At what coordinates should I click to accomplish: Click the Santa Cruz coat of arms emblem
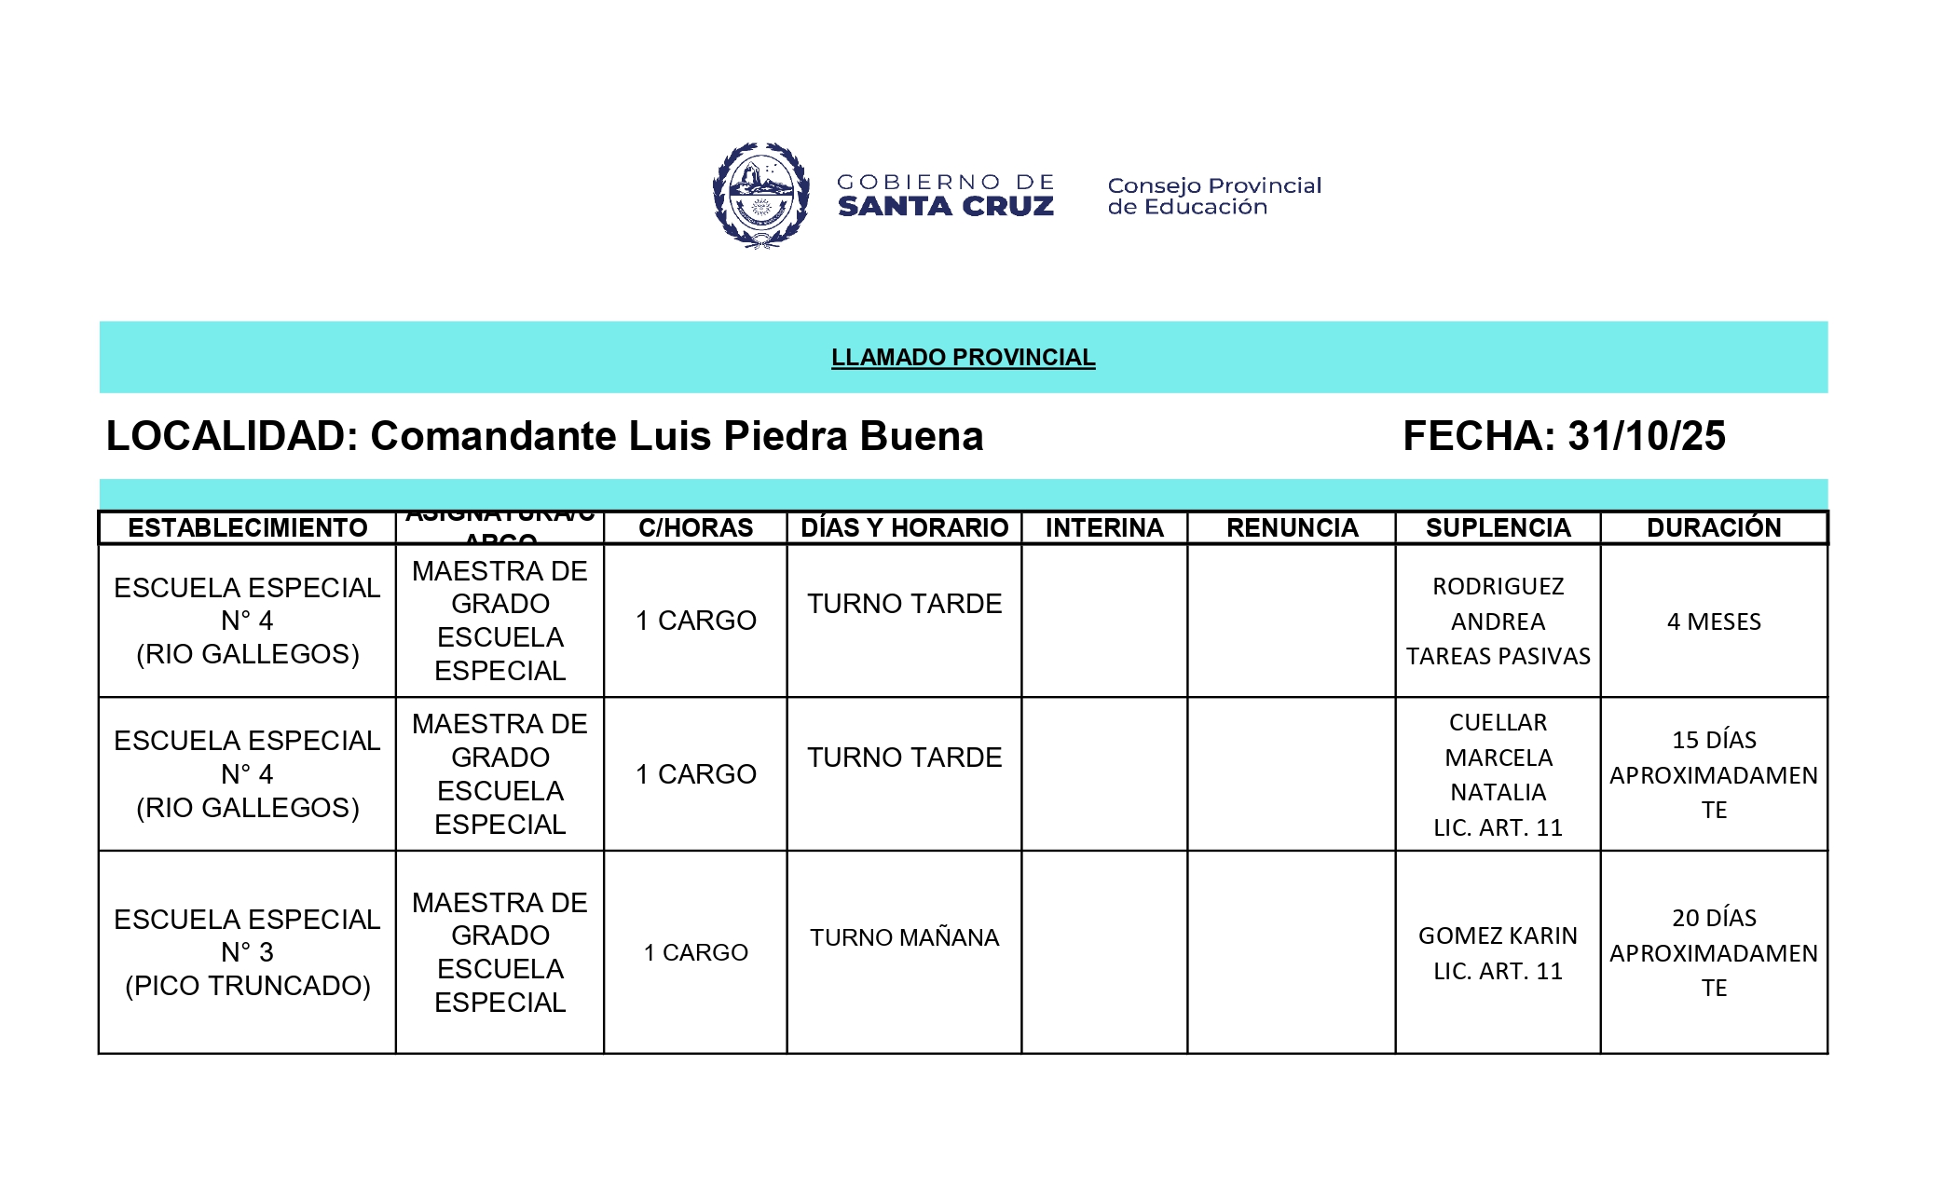[760, 195]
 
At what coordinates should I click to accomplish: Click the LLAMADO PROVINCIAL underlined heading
[963, 358]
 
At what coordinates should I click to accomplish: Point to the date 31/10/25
[1646, 436]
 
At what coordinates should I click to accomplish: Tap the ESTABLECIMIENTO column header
[247, 528]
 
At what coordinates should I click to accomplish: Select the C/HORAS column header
[695, 528]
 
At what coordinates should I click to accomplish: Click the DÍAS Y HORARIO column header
[904, 528]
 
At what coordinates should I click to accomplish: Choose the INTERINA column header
[1104, 528]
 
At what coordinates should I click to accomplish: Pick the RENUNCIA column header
[1292, 528]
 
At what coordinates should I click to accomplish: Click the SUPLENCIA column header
[1498, 528]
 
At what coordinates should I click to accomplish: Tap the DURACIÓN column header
[1714, 528]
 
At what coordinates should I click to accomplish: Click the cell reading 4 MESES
[1714, 621]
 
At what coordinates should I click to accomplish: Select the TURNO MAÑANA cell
[904, 937]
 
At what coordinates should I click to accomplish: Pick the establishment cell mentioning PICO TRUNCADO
[247, 952]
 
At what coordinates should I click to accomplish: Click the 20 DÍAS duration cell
[1714, 952]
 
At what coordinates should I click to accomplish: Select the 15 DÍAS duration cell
[1714, 774]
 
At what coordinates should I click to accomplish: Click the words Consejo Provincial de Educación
[1213, 196]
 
